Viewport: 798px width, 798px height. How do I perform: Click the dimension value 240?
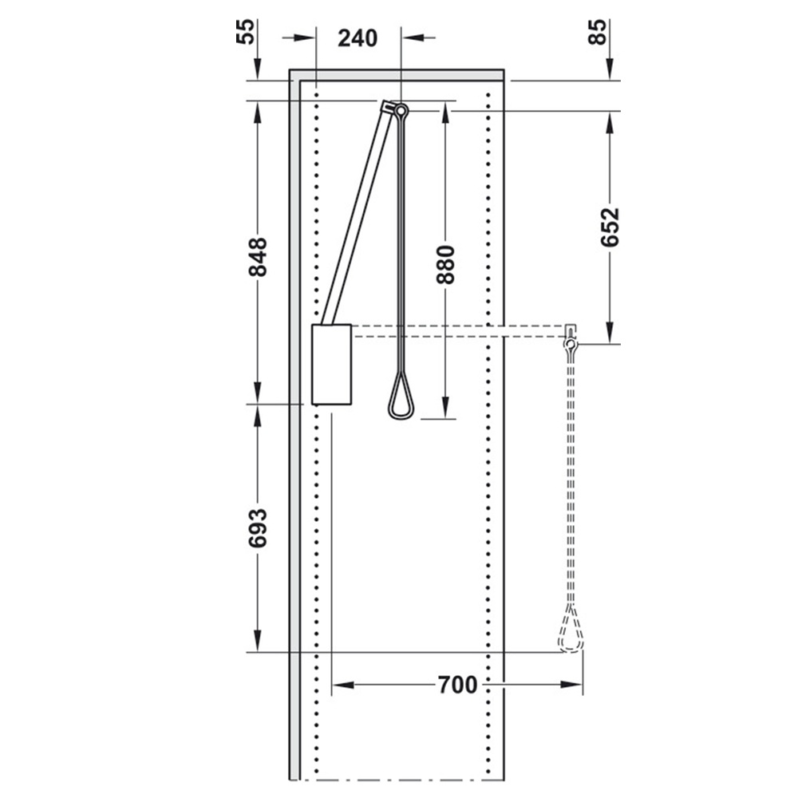click(x=358, y=38)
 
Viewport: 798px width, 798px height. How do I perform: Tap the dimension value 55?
click(x=245, y=32)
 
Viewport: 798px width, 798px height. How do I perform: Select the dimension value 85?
click(x=598, y=32)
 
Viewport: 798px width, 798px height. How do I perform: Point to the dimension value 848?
click(x=258, y=257)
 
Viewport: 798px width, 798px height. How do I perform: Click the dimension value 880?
click(x=445, y=265)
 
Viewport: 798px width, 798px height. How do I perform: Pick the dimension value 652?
click(x=610, y=227)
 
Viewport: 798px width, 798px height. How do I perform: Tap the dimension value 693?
click(x=258, y=528)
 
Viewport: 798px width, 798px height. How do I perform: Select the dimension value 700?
click(x=458, y=685)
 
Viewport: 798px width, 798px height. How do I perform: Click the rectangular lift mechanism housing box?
click(x=331, y=365)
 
